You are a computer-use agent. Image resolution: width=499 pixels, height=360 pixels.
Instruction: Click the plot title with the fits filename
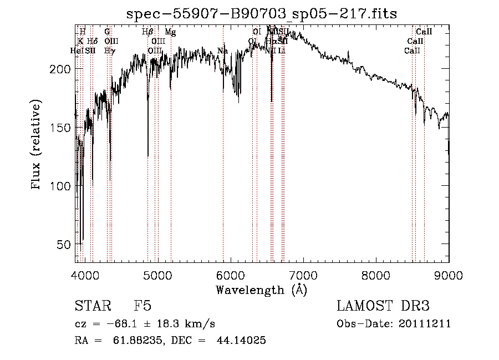262,14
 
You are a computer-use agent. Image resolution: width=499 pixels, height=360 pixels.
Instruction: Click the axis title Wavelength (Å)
261,290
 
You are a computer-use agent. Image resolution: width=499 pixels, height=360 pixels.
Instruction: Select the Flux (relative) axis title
37,145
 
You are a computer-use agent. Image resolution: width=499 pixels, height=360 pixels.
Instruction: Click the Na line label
222,51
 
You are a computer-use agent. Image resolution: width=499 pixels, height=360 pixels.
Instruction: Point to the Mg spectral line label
171,33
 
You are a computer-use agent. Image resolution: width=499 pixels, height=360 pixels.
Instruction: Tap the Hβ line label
147,33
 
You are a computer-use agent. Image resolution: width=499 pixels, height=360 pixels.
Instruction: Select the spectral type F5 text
143,307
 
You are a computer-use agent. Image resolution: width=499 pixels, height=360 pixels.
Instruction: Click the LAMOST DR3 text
383,307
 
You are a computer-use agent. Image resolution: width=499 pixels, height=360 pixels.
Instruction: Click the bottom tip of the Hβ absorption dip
148,156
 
